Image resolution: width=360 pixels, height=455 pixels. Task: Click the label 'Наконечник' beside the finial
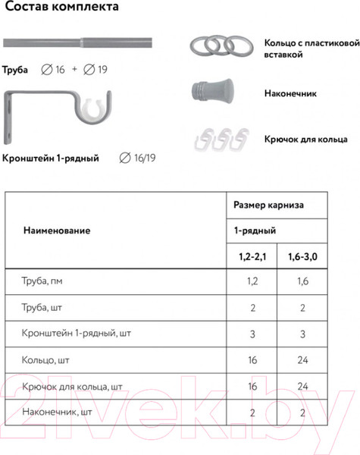tap(291, 95)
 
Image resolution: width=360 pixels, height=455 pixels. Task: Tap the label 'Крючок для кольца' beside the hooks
tap(305, 140)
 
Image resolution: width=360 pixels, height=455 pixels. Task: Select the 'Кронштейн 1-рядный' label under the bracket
tap(51, 158)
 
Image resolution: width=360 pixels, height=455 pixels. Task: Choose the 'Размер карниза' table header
tap(269, 204)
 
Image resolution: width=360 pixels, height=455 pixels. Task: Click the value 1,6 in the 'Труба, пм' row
tap(302, 281)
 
